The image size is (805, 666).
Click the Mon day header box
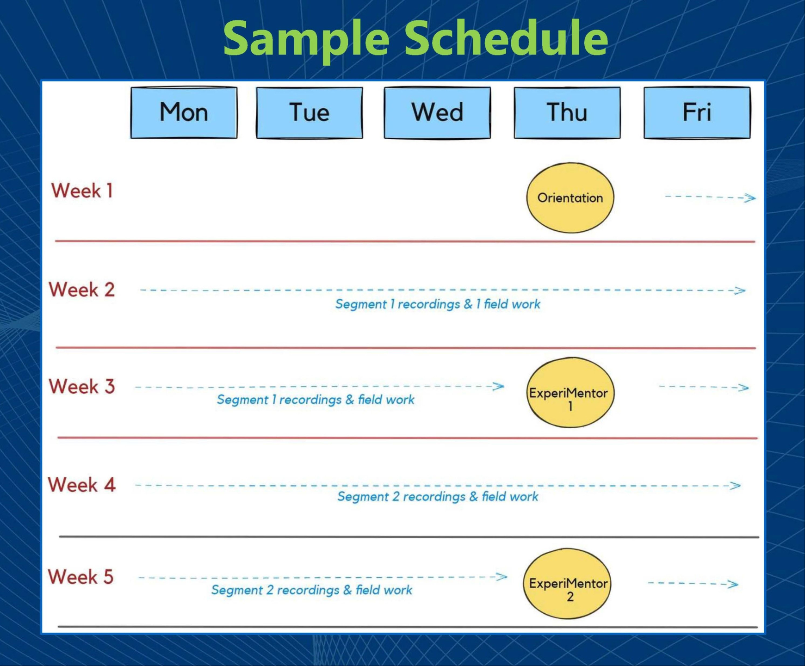tap(184, 112)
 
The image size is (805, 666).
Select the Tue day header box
tap(310, 112)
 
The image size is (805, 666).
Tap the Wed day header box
tap(437, 112)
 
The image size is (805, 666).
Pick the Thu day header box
tap(567, 112)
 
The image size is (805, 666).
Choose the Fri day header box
tap(697, 112)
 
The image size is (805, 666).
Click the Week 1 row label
tap(82, 191)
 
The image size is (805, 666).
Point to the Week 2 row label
tap(82, 290)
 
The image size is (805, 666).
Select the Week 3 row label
tap(82, 387)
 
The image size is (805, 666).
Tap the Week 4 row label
tap(82, 485)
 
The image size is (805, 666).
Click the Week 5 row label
tap(81, 577)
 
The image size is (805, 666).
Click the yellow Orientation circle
tap(570, 197)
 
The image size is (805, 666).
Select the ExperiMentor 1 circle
tap(570, 392)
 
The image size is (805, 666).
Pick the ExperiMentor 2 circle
tap(567, 584)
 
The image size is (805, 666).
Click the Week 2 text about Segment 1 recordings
tap(438, 304)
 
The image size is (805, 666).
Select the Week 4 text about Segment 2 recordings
tap(438, 497)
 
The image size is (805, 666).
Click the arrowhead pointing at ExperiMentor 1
tap(499, 386)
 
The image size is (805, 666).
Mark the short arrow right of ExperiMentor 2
tap(693, 584)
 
